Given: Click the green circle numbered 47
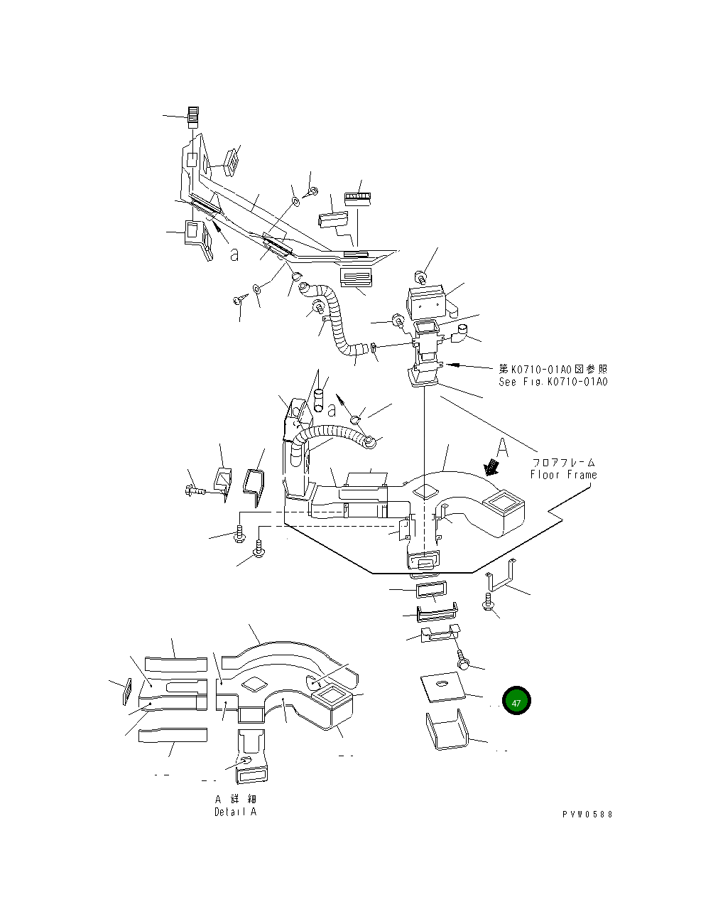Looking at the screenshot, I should coord(516,702).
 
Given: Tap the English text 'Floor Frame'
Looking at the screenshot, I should coord(563,475).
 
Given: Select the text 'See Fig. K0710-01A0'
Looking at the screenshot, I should coord(553,382).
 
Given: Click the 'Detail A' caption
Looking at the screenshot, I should coord(235,812).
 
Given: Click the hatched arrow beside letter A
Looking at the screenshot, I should coord(490,467).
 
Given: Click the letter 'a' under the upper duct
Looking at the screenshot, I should coord(234,254).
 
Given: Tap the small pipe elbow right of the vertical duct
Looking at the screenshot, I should coord(462,331).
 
